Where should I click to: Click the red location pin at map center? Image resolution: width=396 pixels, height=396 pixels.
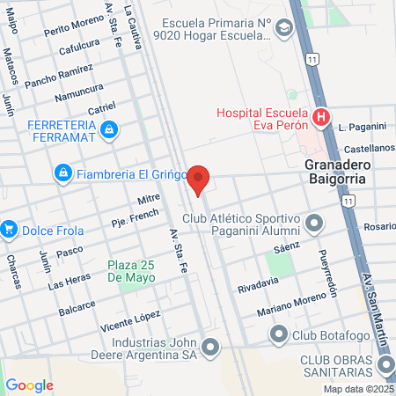(199, 180)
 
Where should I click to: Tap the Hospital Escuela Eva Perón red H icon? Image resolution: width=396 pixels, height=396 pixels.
(321, 115)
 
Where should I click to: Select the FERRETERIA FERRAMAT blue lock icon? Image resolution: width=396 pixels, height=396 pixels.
(108, 131)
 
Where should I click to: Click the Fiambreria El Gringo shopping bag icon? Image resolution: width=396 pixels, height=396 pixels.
(62, 173)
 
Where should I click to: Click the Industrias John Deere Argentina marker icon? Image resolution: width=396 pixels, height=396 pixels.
(209, 348)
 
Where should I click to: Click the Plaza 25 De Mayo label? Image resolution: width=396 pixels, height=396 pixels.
(132, 271)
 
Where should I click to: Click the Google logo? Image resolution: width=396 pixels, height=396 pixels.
(29, 385)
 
